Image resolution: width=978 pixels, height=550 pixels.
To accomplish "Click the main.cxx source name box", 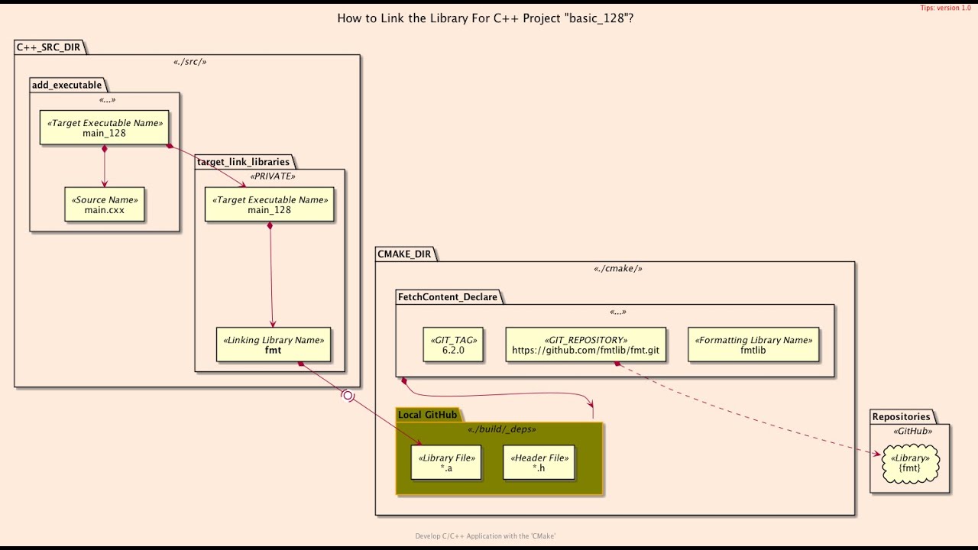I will click(x=105, y=205).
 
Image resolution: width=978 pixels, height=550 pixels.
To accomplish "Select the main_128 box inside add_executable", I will click(x=105, y=128).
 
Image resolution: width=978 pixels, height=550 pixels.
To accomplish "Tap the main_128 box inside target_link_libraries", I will click(x=269, y=205).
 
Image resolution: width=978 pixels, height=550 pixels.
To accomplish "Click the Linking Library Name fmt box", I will click(x=273, y=345).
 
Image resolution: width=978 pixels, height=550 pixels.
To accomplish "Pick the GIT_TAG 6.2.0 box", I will click(x=453, y=345).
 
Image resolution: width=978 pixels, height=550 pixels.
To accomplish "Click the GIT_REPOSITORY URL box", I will click(x=585, y=345).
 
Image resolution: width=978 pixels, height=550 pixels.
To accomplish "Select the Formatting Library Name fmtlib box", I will click(x=753, y=345).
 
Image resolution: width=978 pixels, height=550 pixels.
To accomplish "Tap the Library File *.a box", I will click(x=446, y=463).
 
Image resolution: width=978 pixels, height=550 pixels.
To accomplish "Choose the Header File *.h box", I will click(x=538, y=463).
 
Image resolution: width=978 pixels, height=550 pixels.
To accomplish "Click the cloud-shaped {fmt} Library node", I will click(x=909, y=463).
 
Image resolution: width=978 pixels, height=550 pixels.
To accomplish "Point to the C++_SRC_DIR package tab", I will click(x=49, y=47).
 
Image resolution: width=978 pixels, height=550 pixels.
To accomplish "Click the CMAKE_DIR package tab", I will click(x=403, y=254).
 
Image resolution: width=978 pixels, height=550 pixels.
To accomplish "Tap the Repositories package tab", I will click(x=901, y=416).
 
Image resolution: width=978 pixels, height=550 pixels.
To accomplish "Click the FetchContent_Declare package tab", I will click(x=447, y=297).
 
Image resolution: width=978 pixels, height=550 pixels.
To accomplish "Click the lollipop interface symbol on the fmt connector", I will click(x=348, y=396).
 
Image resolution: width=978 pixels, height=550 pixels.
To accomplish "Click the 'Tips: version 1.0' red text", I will click(x=945, y=8).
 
